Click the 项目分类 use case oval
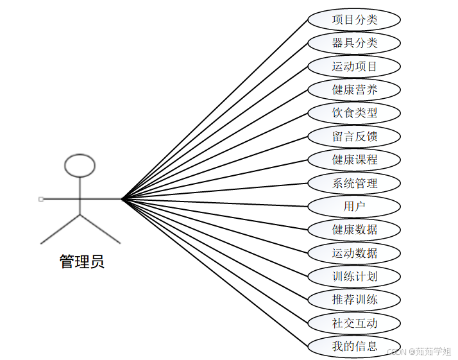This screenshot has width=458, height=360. (x=354, y=19)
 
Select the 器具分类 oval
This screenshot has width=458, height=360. (x=354, y=43)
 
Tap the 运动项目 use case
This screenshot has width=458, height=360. (x=354, y=66)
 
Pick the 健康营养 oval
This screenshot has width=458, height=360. (x=354, y=89)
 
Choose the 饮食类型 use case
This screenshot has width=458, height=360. (x=354, y=113)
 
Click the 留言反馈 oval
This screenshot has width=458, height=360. (x=354, y=136)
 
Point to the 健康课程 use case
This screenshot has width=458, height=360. (x=354, y=159)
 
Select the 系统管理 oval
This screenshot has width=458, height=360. (x=354, y=183)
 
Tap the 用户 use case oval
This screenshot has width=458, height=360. (x=354, y=206)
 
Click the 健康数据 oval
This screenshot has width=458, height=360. (x=354, y=229)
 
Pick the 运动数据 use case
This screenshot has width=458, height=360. (x=354, y=253)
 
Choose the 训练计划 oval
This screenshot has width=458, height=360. (x=354, y=277)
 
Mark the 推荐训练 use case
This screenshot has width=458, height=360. (x=354, y=299)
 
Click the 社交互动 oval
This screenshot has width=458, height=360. (x=354, y=323)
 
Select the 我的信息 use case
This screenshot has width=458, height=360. (x=354, y=346)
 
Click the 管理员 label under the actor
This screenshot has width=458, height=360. (x=81, y=262)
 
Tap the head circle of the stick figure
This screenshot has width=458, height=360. (x=80, y=166)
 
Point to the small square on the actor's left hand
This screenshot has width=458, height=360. (x=41, y=199)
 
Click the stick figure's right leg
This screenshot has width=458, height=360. (x=101, y=230)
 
